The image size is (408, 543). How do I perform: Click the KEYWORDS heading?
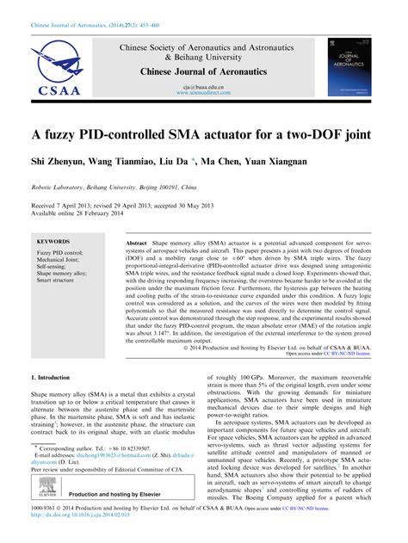tap(53, 244)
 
